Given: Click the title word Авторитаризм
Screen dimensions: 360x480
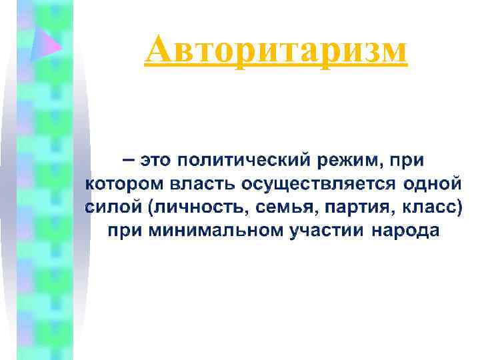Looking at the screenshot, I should pos(275,51).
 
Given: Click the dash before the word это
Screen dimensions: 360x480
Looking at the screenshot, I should pos(127,161).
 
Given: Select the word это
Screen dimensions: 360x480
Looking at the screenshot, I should pos(156,161).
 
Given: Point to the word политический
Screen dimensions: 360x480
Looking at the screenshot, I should pos(242,161).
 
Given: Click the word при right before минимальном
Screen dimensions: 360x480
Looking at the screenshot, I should pos(125,231).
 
